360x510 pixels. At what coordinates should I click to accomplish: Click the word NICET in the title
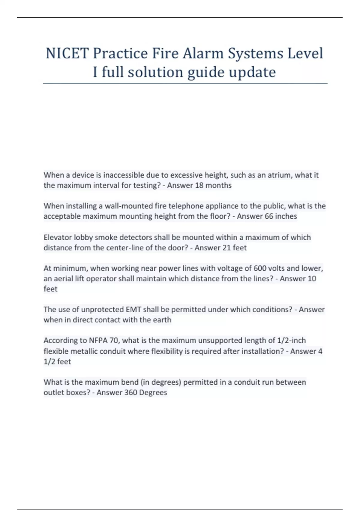coord(67,53)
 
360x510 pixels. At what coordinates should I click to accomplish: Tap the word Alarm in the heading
coord(203,53)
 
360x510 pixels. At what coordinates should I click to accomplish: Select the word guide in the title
coord(206,72)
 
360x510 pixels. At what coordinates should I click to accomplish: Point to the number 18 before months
coord(199,185)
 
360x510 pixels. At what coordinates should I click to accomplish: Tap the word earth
coord(162,320)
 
